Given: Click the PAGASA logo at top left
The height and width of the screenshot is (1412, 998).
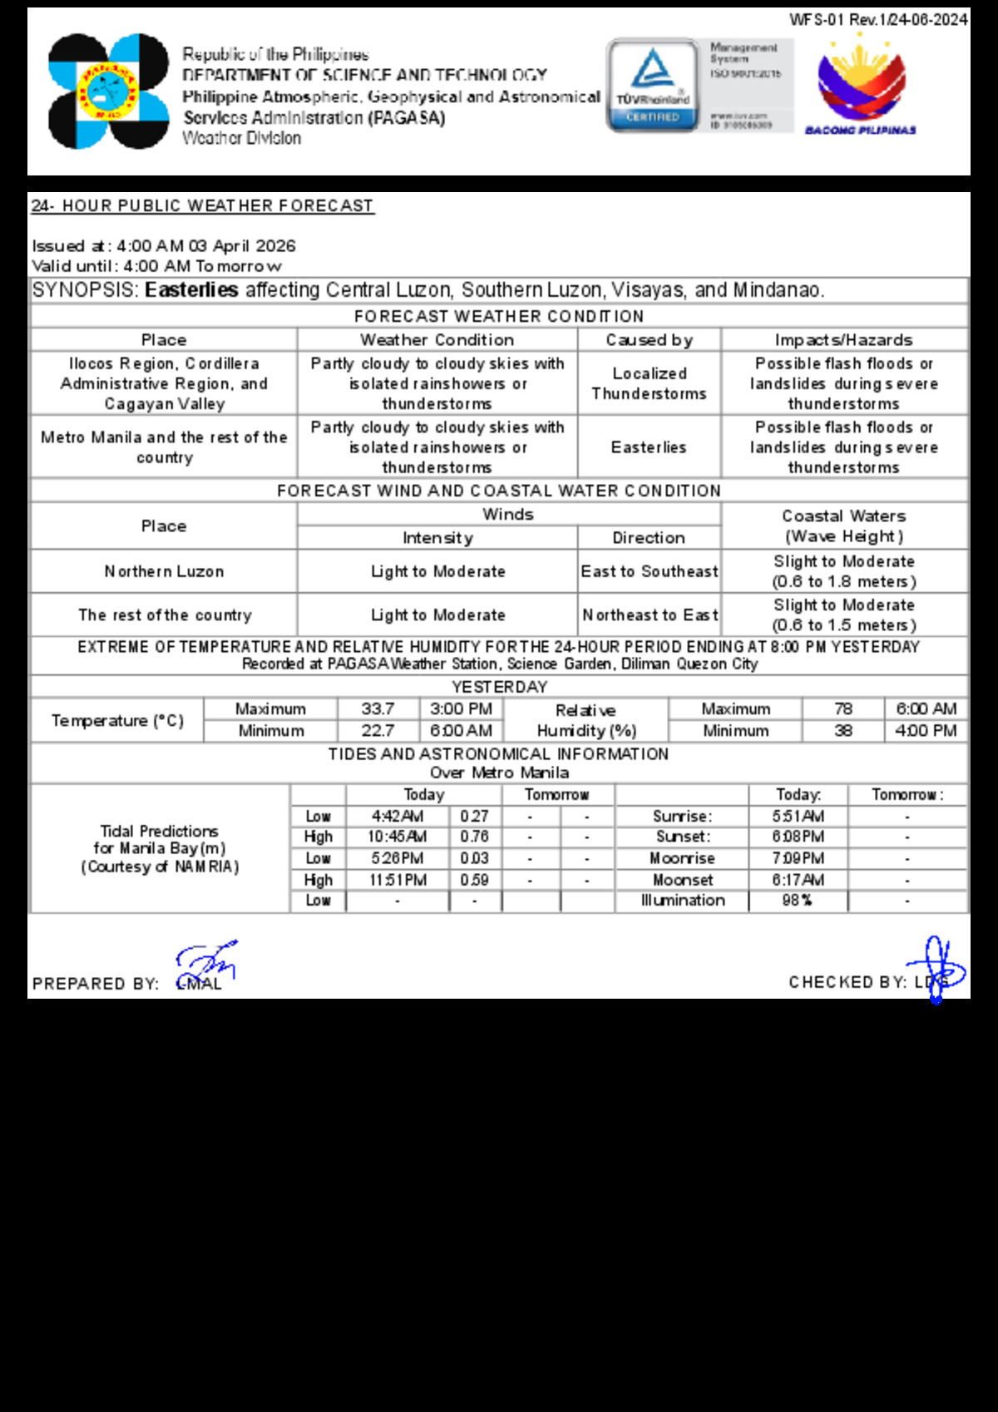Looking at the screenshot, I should (x=108, y=91).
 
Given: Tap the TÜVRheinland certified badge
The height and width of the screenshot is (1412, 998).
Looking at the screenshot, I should (x=653, y=85).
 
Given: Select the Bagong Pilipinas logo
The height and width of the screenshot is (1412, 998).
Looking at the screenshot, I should (x=861, y=85).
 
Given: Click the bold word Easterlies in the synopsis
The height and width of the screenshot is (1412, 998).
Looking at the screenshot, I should (x=191, y=290).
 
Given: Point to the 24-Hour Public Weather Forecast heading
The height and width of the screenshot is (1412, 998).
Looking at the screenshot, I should (x=202, y=206).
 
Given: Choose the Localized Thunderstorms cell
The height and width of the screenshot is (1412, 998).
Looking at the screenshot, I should (x=649, y=383).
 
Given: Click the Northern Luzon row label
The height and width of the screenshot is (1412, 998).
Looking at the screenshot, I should (x=164, y=571).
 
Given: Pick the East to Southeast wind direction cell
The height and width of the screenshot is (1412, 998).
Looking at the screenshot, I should (x=649, y=571).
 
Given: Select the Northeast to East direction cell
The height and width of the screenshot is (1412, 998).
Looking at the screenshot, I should (x=649, y=615).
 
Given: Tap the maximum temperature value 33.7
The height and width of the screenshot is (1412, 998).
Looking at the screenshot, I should (x=378, y=709).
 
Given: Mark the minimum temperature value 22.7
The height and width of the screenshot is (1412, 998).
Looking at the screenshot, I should (x=378, y=731).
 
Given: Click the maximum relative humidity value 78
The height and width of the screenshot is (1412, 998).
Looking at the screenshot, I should (x=843, y=709).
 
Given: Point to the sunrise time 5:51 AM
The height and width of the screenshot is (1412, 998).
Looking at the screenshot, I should (x=798, y=817).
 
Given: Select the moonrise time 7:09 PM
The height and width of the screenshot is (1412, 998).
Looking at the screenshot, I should (x=798, y=858).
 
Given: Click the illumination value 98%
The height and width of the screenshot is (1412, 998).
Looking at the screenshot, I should (x=797, y=901).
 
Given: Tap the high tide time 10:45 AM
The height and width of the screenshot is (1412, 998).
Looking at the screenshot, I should (x=398, y=837).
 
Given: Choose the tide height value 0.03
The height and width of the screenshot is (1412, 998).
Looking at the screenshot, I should (x=474, y=858).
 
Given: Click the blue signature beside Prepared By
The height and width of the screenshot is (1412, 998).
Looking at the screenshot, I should (x=206, y=963).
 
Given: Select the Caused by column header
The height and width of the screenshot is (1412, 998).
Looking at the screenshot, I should (x=649, y=340).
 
